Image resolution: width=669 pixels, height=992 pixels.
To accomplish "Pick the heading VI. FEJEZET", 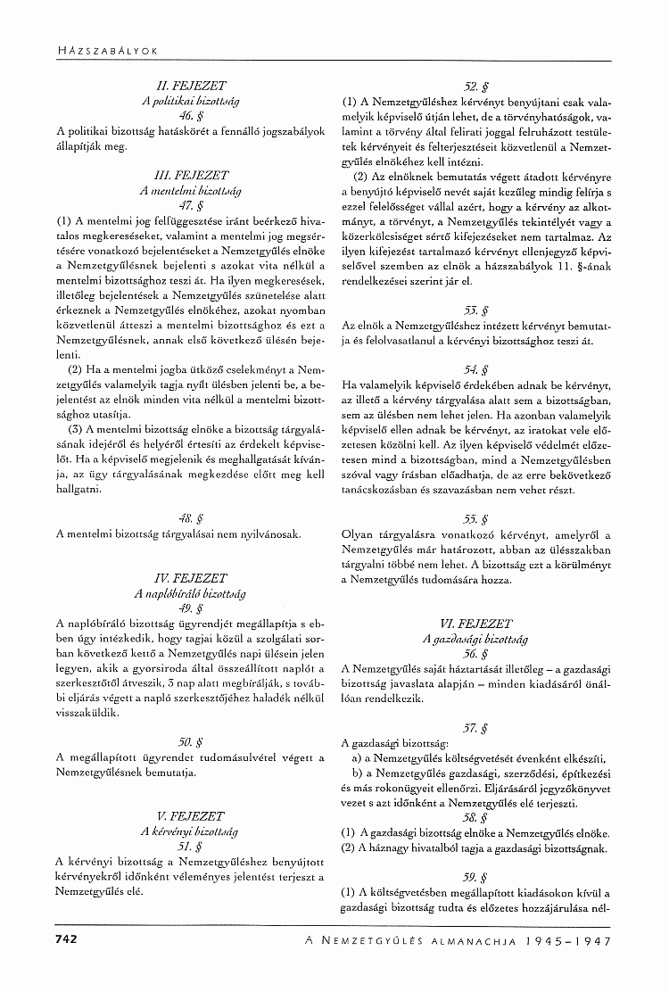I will click(x=475, y=624).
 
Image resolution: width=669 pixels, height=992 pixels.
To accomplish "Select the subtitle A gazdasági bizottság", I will click(x=475, y=639).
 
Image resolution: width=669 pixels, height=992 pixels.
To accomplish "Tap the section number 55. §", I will click(x=475, y=518).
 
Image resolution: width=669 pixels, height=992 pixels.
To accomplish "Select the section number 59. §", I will click(x=475, y=876).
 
